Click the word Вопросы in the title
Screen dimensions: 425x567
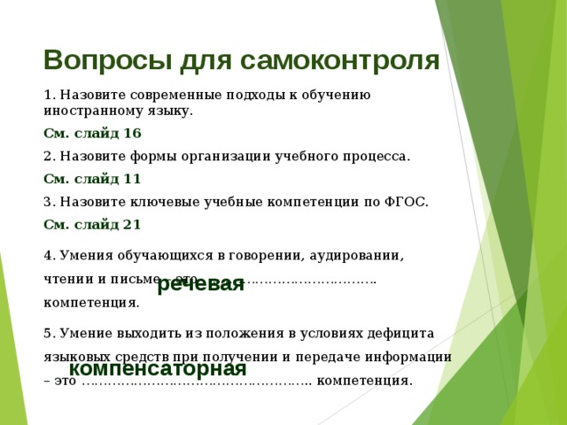[95, 60]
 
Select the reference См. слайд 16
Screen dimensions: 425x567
[92, 134]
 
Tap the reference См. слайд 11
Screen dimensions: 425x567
[92, 178]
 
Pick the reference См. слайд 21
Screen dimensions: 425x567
[92, 223]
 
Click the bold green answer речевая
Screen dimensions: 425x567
[200, 284]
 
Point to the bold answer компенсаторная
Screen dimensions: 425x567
[158, 368]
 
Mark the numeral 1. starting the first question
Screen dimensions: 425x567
[49, 95]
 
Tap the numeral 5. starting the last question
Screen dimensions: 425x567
[49, 333]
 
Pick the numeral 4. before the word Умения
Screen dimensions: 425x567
[49, 256]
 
